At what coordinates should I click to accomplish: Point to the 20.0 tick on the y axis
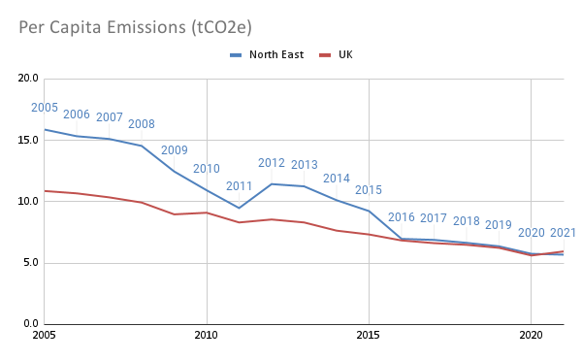point(29,79)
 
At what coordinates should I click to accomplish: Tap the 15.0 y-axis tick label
point(29,141)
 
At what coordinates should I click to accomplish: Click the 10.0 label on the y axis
point(29,202)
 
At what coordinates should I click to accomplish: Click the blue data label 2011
point(239,186)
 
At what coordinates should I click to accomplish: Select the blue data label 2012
point(271,163)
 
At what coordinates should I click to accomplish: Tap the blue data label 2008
point(142,124)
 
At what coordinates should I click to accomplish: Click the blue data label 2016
point(401,217)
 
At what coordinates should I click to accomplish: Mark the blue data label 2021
point(563,233)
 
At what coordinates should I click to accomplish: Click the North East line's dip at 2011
point(239,208)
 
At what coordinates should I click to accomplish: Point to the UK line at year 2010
point(207,213)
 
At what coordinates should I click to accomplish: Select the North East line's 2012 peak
point(272,183)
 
